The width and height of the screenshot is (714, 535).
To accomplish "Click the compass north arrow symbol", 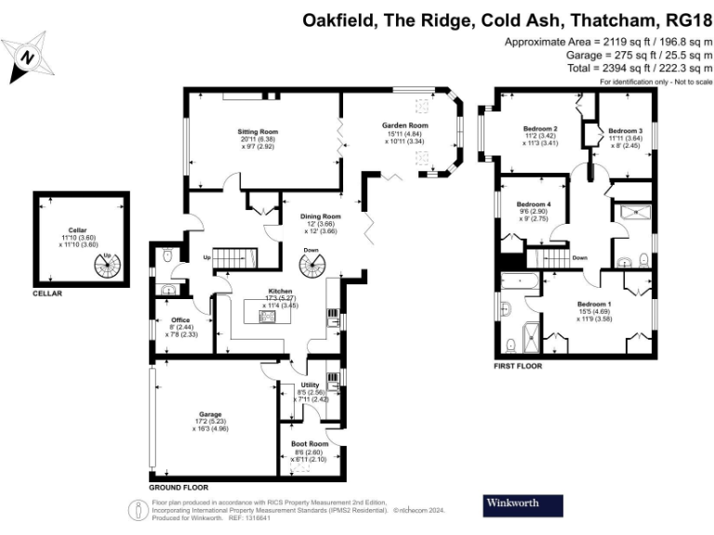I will tap(28, 54).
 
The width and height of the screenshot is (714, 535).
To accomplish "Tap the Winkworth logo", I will tap(523, 505).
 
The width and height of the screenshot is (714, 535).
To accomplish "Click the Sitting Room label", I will tap(231, 132).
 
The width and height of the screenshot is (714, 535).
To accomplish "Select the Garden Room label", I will tap(405, 125).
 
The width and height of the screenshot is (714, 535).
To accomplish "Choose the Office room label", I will tap(180, 320).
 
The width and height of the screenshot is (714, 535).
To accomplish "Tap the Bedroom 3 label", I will tap(626, 131).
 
